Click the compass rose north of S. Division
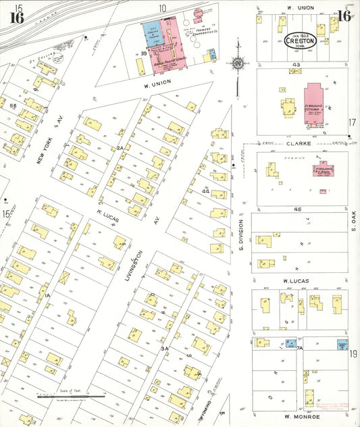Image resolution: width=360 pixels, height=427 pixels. point(238,64)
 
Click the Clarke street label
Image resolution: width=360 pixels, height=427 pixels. point(297,143)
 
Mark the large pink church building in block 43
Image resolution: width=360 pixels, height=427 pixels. point(313,103)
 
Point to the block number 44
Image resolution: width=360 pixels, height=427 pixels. point(205,192)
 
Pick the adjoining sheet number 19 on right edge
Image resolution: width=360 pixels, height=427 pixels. point(353,353)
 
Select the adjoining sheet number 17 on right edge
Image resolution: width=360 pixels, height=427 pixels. point(352,122)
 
